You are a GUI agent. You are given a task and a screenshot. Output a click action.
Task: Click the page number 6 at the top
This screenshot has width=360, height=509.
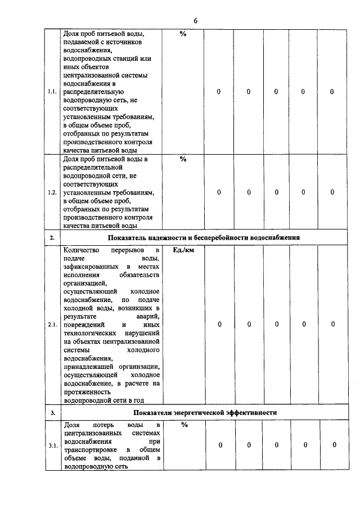tap(195, 21)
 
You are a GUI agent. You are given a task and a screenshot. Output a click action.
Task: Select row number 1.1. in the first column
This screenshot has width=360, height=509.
tap(52, 92)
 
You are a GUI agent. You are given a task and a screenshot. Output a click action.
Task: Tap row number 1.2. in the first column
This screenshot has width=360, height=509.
tap(52, 192)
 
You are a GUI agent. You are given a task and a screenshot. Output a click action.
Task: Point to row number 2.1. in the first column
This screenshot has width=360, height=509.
tap(52, 325)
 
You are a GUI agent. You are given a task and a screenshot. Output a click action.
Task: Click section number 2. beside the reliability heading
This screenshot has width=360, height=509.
tap(52, 238)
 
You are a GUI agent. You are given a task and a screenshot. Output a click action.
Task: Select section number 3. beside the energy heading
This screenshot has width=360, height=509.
tap(52, 412)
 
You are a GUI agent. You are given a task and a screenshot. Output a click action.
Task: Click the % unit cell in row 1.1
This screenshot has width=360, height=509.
tap(183, 34)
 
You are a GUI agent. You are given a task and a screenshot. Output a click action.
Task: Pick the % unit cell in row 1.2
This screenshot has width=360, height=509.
tap(183, 159)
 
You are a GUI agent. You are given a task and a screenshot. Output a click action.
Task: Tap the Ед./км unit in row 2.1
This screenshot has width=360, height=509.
tap(183, 250)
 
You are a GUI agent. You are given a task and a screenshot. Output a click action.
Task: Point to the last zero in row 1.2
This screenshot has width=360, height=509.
tap(332, 192)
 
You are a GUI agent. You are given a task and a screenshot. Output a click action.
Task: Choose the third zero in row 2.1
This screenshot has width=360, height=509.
tap(277, 325)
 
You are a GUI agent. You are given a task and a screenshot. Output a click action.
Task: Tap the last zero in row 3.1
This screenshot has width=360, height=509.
tap(334, 445)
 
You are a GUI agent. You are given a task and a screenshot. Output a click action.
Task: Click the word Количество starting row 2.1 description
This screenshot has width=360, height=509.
tap(82, 250)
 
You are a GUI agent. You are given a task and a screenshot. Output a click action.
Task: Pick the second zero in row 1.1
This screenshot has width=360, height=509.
tap(248, 92)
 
